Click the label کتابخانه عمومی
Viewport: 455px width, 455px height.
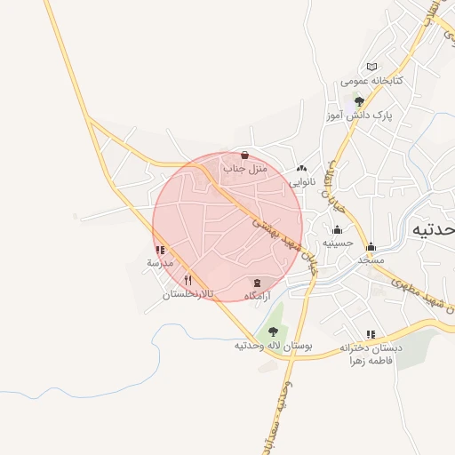[x=372, y=81]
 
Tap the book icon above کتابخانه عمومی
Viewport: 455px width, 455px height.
[x=371, y=67]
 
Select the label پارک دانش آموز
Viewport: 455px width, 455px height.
[x=358, y=116]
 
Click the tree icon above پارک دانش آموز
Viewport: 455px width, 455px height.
[x=359, y=101]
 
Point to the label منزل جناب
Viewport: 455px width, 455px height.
[x=244, y=168]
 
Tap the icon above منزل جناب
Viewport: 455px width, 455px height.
[x=244, y=155]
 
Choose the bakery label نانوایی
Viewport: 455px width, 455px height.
[x=301, y=180]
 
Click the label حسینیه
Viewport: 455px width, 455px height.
[x=338, y=243]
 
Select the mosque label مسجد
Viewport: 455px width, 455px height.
[x=371, y=260]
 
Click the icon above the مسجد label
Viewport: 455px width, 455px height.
[x=371, y=247]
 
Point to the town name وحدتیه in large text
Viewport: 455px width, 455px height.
[x=434, y=229]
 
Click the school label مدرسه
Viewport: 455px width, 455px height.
[x=160, y=264]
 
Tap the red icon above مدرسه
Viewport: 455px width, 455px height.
[x=160, y=251]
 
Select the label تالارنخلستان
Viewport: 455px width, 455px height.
[x=188, y=293]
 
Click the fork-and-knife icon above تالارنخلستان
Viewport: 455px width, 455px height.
[x=188, y=280]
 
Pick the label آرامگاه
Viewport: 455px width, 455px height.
[x=257, y=295]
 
